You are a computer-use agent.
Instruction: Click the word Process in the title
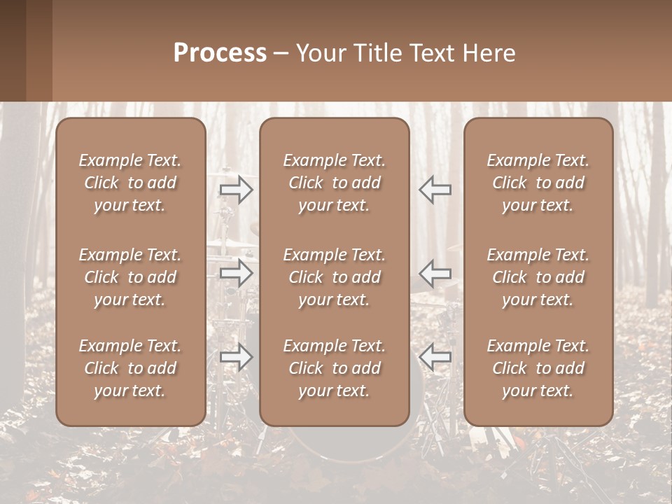220,53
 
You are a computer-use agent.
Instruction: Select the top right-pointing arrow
236,189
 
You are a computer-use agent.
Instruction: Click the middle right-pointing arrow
236,273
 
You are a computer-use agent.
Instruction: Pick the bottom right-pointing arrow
236,358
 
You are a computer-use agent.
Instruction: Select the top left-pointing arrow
435,189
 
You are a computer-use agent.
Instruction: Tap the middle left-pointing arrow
435,273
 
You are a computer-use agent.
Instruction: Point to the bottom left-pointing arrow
435,358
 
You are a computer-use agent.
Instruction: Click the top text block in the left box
130,183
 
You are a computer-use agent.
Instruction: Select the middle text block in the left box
130,277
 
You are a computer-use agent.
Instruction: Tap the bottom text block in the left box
130,368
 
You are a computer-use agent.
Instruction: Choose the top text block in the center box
335,183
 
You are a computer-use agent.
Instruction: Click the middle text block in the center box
335,277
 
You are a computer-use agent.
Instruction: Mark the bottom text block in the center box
335,368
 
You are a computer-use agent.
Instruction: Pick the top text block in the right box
538,183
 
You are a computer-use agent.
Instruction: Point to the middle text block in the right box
538,277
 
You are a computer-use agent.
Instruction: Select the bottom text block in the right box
538,368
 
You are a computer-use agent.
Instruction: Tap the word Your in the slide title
320,53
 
